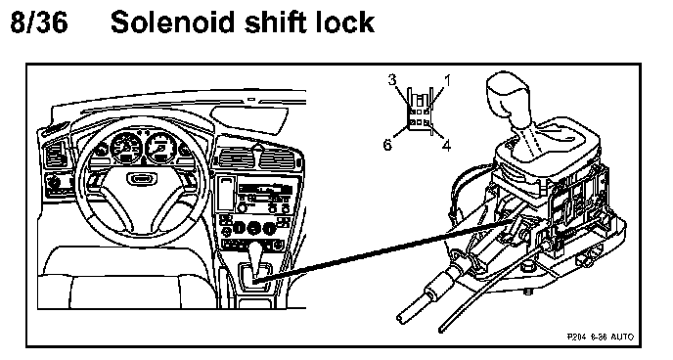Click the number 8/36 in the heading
coord(39,22)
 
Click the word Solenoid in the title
coord(173,22)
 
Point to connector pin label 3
coord(392,80)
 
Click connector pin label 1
coord(447,80)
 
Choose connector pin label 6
coord(387,145)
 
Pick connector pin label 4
coord(447,146)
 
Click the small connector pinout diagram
coord(419,112)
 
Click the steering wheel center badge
coord(139,179)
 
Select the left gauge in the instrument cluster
coord(126,147)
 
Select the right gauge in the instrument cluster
coord(161,147)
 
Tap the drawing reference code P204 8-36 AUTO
coord(600,337)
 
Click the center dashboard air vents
coord(256,158)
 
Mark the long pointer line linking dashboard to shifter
coord(385,250)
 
